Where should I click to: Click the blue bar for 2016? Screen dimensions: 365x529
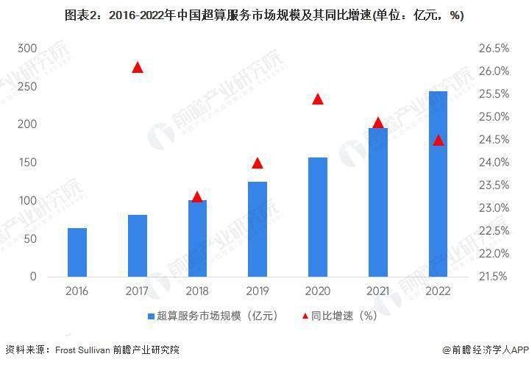point(77,252)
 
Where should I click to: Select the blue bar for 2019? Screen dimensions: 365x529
point(257,229)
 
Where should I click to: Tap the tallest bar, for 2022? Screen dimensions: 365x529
point(438,184)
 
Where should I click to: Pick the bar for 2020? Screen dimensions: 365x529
point(317,217)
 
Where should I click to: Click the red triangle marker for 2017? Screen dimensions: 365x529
point(137,68)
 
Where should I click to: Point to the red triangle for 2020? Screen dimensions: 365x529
point(318,99)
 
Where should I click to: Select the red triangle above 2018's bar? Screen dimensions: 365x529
point(197,196)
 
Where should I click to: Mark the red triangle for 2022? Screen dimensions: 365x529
point(439,140)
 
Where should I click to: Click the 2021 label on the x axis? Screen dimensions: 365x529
point(378,291)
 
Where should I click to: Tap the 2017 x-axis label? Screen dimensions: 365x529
point(137,291)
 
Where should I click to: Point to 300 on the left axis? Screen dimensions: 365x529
point(26,48)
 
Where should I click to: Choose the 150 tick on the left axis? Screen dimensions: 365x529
point(26,163)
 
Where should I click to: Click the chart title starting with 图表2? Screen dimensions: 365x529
point(264,15)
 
